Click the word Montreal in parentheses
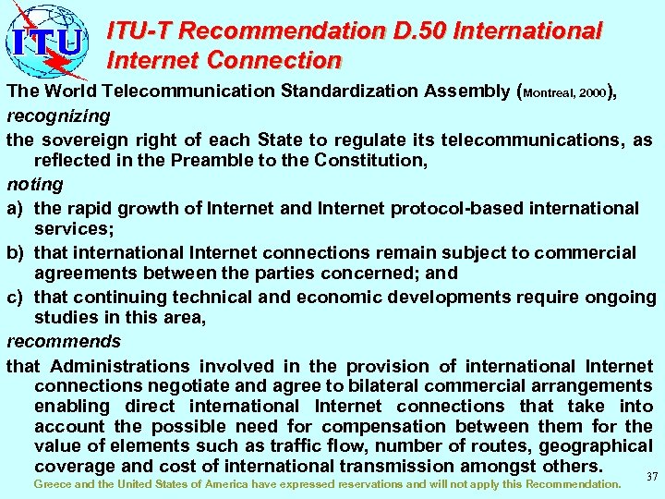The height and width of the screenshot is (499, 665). pyautogui.click(x=551, y=94)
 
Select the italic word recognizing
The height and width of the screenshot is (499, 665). pyautogui.click(x=58, y=116)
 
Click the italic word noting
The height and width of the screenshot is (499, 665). pyautogui.click(x=35, y=185)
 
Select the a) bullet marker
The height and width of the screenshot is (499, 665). pyautogui.click(x=16, y=208)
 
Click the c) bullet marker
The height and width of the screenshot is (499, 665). pyautogui.click(x=16, y=298)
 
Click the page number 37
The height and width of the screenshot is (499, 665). pyautogui.click(x=651, y=477)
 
